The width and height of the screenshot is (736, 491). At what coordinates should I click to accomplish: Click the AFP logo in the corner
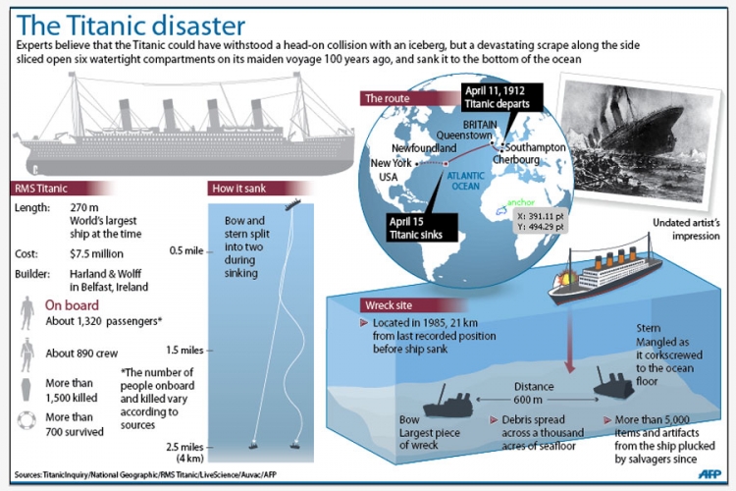710,474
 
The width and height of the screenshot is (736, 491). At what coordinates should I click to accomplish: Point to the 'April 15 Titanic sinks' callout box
422,228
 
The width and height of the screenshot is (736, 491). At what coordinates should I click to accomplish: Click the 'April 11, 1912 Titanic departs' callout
501,97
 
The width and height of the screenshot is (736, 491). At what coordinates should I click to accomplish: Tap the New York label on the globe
391,163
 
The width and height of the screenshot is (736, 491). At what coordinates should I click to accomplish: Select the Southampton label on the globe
535,147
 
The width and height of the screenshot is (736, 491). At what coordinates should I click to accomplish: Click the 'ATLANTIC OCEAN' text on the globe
465,181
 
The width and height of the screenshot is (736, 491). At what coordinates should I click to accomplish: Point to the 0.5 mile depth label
186,251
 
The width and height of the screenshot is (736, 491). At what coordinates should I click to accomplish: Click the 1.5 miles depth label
184,350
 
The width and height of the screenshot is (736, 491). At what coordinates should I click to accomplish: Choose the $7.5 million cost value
96,253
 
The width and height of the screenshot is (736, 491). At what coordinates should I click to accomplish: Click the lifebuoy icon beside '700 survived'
26,420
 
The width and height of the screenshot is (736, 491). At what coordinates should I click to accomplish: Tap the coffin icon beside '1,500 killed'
26,390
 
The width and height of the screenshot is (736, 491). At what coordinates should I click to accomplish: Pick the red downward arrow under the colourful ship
570,342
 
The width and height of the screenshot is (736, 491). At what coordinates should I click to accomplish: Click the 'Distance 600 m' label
534,393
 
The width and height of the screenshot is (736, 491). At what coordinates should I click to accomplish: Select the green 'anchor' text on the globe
521,202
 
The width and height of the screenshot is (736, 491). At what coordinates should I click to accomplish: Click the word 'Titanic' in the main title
107,25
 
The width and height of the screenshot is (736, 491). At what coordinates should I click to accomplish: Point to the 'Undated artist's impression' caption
686,229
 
